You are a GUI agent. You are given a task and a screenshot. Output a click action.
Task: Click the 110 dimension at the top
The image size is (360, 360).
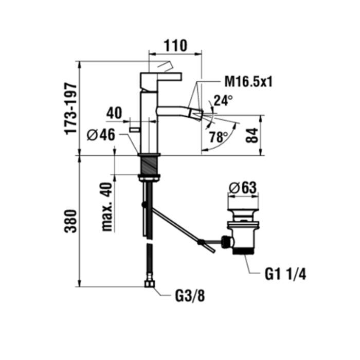pos(175,45)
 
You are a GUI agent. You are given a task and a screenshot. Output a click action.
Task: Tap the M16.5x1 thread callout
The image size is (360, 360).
pos(248,81)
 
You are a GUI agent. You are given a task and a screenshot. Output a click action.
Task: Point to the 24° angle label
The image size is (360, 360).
pos(223,101)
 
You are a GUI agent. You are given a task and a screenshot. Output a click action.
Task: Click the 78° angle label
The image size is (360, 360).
pos(218,137)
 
